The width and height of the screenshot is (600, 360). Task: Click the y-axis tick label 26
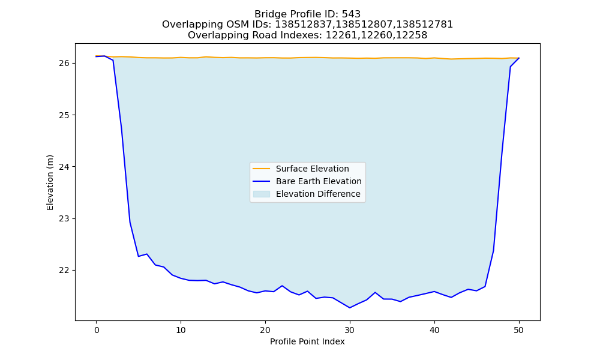click(x=65, y=63)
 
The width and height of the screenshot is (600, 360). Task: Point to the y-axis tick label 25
click(x=65, y=115)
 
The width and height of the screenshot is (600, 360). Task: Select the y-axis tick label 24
click(x=65, y=167)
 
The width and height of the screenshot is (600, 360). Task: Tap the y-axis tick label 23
click(x=65, y=219)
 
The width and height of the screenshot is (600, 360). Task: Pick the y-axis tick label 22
click(x=65, y=271)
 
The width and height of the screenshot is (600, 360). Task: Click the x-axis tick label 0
click(x=96, y=330)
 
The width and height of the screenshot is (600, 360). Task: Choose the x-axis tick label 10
click(x=181, y=330)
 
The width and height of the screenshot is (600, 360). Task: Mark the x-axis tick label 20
click(x=265, y=330)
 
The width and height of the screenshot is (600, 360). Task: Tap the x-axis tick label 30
click(x=350, y=330)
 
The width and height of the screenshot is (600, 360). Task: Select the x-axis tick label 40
click(x=434, y=330)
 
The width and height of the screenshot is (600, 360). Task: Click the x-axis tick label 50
click(x=519, y=330)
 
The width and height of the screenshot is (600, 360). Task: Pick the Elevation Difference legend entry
click(x=307, y=194)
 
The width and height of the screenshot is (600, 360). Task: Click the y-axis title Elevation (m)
click(x=50, y=182)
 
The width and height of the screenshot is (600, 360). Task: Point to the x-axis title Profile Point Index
click(x=307, y=341)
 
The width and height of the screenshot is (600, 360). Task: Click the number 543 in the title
click(x=351, y=14)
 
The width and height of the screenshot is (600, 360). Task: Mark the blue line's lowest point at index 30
click(x=350, y=308)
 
